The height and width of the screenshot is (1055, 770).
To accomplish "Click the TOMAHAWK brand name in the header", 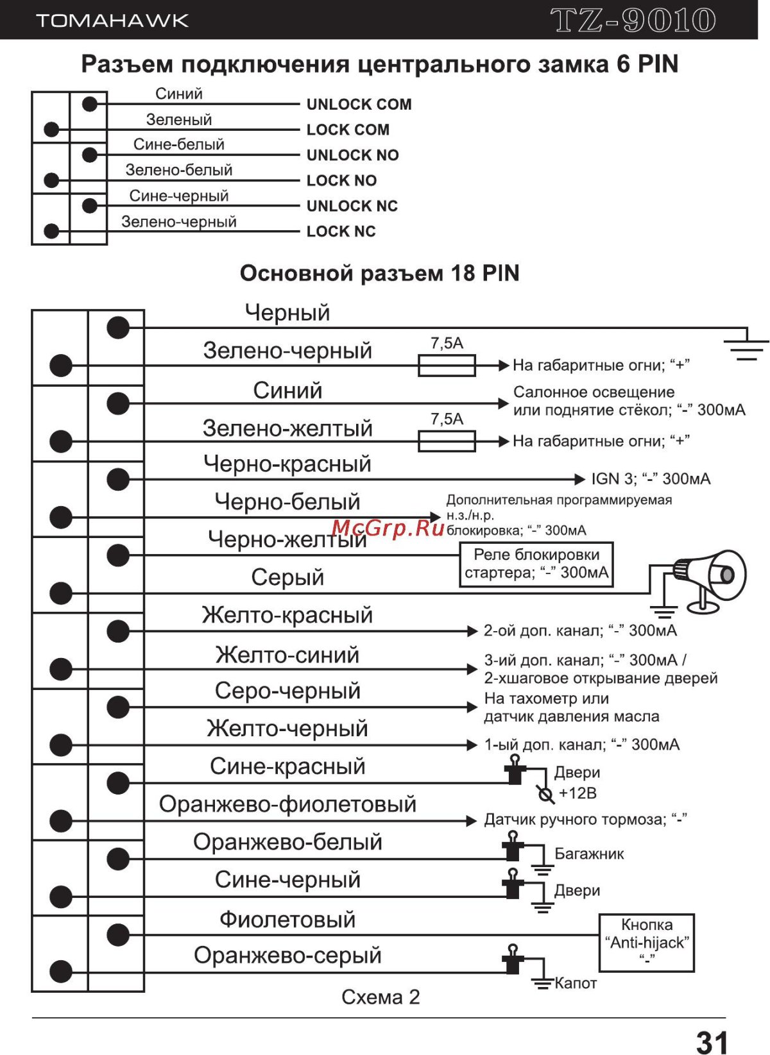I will pos(112,21).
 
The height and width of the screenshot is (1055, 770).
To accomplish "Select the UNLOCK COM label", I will pos(359,104).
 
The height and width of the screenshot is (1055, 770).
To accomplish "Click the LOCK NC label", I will pos(341,232).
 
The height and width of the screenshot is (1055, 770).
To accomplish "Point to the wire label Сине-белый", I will pos(178,144).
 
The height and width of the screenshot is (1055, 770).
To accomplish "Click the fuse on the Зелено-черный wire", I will pos(447,366).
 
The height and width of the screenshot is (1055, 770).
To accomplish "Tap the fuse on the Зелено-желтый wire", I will pos(447,441).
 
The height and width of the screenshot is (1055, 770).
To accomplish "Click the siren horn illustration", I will pos(709,577).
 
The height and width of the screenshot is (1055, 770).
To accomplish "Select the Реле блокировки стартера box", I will pos(536,564).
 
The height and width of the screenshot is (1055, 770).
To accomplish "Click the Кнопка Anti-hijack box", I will pos(647,942).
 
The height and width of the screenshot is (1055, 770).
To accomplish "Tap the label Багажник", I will pos(589,854).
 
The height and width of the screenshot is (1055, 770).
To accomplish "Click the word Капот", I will pos(576,983).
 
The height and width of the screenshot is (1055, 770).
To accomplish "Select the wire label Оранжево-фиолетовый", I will pos(287,804).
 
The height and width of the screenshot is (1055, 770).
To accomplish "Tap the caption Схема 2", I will pos(381,997).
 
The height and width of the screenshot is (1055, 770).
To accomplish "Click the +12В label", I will pos(577,793).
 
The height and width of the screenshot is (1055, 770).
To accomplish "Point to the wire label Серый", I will pos(287,577).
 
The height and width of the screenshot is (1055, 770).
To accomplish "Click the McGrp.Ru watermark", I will pos(388,528).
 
